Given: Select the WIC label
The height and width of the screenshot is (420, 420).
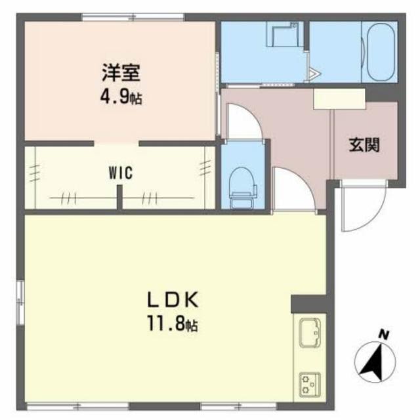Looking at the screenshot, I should point(121,173).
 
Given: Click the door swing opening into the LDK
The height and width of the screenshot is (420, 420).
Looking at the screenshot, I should point(293,190).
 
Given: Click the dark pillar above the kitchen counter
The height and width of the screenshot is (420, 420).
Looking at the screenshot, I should point(308,303).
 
